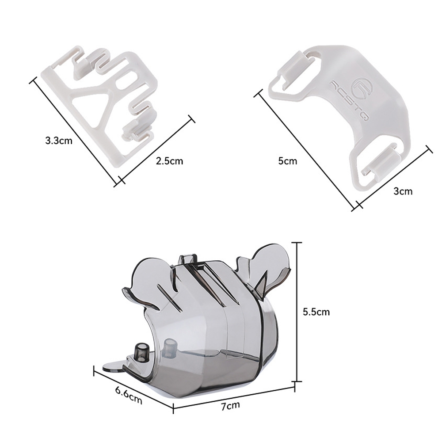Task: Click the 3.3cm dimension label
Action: pos(59,141)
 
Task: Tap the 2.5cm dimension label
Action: pos(169,161)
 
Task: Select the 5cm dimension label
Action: pos(288,161)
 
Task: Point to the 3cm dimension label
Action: pos(403,191)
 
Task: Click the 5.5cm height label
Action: pos(316,312)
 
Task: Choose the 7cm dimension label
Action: pos(230,406)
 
